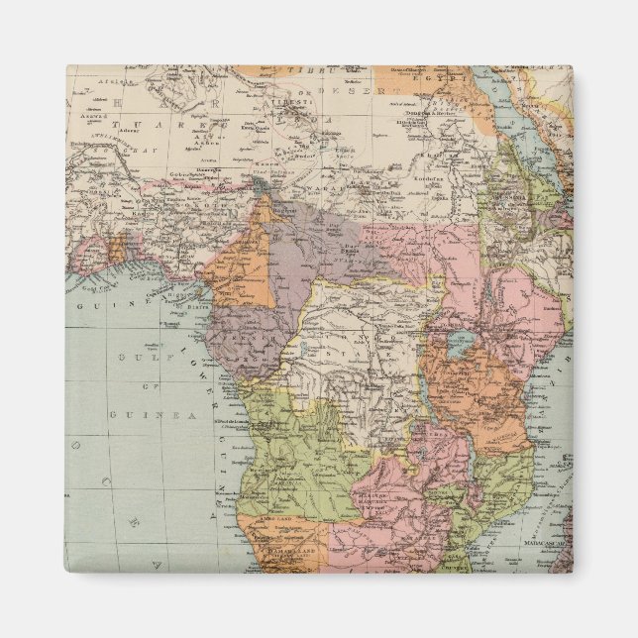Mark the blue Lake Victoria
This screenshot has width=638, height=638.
point(460,345)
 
